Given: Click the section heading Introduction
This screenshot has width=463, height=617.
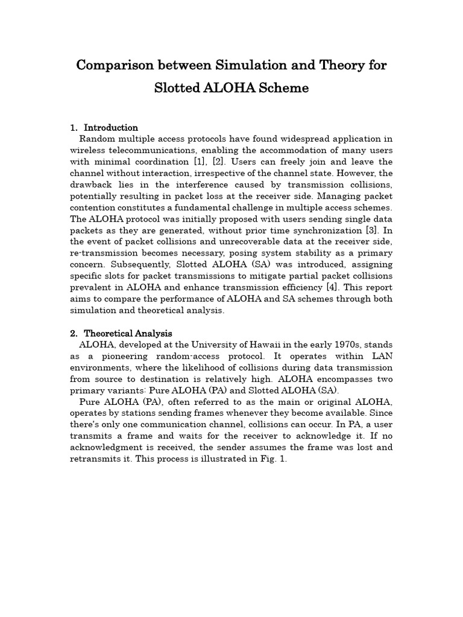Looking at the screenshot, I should [x=111, y=128].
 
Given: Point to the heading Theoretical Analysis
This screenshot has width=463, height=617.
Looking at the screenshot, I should [x=128, y=333].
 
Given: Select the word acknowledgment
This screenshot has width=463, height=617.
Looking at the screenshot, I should [x=105, y=447].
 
